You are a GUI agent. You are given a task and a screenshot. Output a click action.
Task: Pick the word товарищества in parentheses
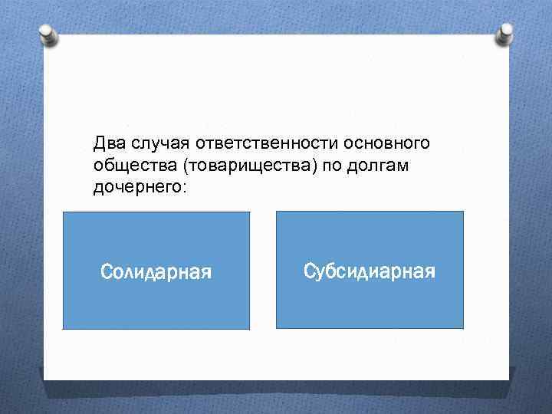(x=248, y=165)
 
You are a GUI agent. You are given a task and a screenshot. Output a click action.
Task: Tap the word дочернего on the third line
(x=136, y=186)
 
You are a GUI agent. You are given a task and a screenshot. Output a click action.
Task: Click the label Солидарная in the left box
(x=156, y=271)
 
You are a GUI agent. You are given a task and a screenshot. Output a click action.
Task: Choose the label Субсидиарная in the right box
(x=369, y=271)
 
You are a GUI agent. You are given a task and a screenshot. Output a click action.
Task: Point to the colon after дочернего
(x=182, y=187)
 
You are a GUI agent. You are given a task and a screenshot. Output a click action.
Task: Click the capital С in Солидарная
(x=107, y=271)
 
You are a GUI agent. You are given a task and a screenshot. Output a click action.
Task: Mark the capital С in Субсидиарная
(x=309, y=271)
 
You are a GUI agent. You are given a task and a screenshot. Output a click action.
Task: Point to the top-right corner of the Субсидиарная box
(x=463, y=212)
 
